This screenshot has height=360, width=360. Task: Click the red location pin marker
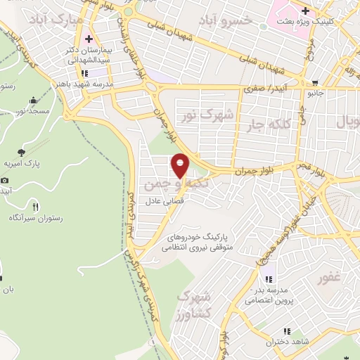180,165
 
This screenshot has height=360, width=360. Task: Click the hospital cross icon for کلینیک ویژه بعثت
305,11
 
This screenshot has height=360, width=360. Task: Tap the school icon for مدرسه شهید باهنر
84,72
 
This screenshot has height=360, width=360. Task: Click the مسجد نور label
34,111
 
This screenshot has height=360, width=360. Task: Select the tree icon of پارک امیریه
22,151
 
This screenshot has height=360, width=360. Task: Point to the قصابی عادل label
164,201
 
